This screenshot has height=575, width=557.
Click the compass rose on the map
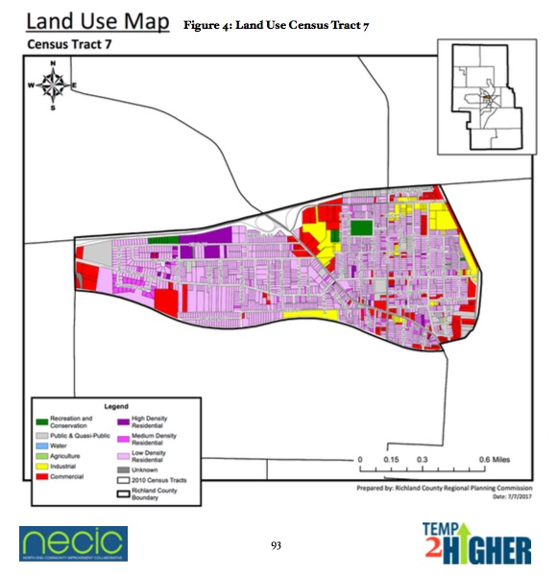(55, 85)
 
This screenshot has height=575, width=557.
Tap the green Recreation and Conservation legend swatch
(41, 419)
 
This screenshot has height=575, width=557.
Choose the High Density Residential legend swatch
(122, 419)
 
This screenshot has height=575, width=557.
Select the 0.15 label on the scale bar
(392, 460)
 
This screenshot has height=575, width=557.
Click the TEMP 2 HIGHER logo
(476, 543)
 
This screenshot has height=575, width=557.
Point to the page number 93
(276, 544)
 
